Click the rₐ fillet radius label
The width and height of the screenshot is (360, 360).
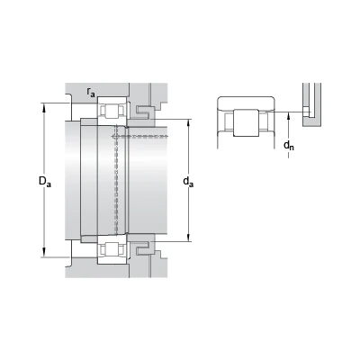[x=91, y=92]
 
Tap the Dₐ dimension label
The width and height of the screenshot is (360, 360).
[x=45, y=181]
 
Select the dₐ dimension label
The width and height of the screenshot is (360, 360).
[x=188, y=182]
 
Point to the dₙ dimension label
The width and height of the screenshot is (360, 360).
[x=289, y=146]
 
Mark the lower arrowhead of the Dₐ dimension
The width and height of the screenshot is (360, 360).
[x=45, y=253]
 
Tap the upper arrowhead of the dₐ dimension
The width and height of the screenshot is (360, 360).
[x=189, y=124]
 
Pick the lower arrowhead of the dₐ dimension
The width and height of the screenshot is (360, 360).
[x=189, y=237]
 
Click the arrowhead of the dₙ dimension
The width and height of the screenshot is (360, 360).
[x=289, y=116]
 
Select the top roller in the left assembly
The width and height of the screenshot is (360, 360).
[x=112, y=111]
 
